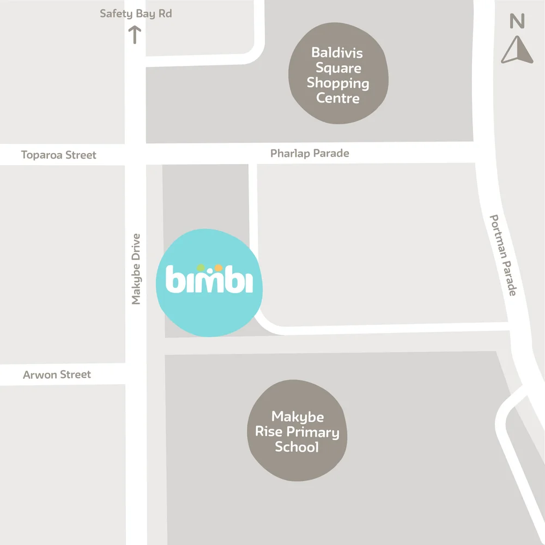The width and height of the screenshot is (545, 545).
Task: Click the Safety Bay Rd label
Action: point(136,14)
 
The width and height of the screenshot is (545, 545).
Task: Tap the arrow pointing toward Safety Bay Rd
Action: point(135,35)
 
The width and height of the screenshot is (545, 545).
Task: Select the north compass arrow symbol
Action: point(516,50)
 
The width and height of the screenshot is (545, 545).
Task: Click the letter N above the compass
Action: point(516,22)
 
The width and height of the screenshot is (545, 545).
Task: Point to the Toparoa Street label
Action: point(59,155)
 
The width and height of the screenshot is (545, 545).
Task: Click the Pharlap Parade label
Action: point(310,154)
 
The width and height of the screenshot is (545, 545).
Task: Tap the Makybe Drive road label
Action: point(136,269)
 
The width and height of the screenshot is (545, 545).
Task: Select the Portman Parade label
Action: point(502,255)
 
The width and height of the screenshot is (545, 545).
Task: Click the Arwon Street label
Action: point(57,375)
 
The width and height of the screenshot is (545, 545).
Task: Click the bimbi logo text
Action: point(209,280)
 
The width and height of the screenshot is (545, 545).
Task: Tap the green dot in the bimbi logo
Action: point(200,267)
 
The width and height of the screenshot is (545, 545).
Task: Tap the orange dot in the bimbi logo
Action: point(218,267)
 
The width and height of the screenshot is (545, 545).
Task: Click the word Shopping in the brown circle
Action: point(338,83)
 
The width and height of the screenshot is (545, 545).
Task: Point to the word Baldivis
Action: point(337,53)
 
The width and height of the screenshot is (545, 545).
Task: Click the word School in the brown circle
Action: point(297,447)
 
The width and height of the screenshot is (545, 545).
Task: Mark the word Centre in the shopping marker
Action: point(338,99)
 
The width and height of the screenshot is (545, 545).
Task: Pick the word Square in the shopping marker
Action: point(338,68)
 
